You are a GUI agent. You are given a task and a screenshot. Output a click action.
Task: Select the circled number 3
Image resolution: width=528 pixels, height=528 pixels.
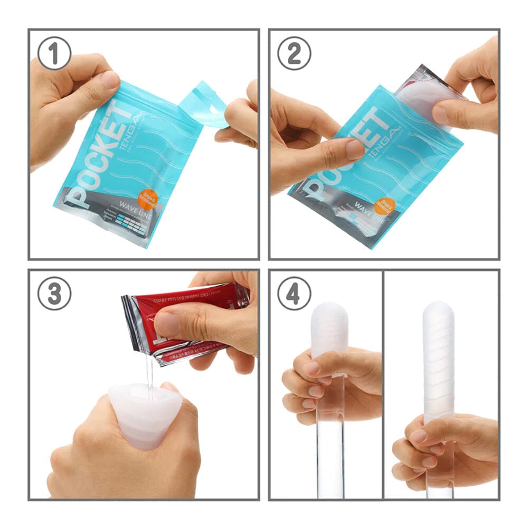tap(54, 294)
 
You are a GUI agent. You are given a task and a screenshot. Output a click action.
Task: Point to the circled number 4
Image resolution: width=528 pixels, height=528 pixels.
tap(294, 294)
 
